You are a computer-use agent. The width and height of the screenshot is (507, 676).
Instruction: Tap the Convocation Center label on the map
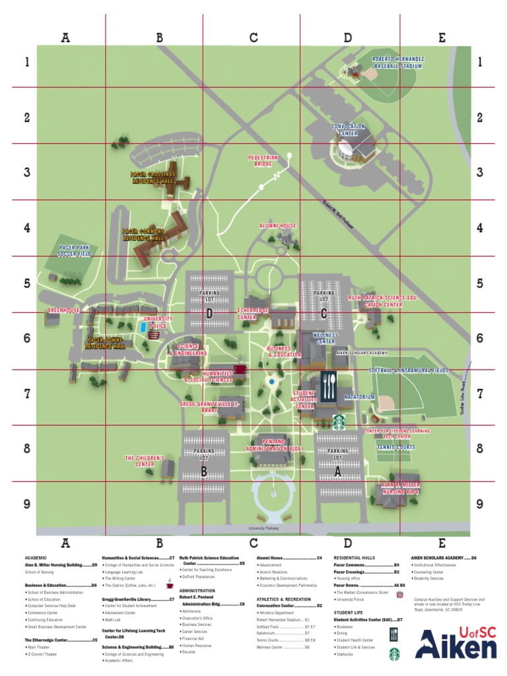[x=348, y=129]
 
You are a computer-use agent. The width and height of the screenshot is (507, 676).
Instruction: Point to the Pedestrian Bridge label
[x=263, y=160]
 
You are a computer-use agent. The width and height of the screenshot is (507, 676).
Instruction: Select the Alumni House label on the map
[x=278, y=226]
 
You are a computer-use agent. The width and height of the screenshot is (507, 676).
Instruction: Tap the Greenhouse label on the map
[x=63, y=310]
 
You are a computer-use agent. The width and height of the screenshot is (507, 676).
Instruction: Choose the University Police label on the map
[x=158, y=322]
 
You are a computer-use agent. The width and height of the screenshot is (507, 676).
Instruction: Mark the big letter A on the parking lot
[x=337, y=471]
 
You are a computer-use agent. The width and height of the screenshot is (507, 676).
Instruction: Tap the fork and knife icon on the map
[x=331, y=384]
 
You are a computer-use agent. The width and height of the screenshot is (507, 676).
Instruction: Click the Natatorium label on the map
[x=359, y=397]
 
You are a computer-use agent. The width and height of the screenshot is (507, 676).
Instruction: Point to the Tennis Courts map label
[x=396, y=447]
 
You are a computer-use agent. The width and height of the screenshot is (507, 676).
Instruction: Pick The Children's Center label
[x=139, y=461]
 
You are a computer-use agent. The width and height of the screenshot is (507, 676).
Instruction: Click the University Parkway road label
[x=264, y=529]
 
